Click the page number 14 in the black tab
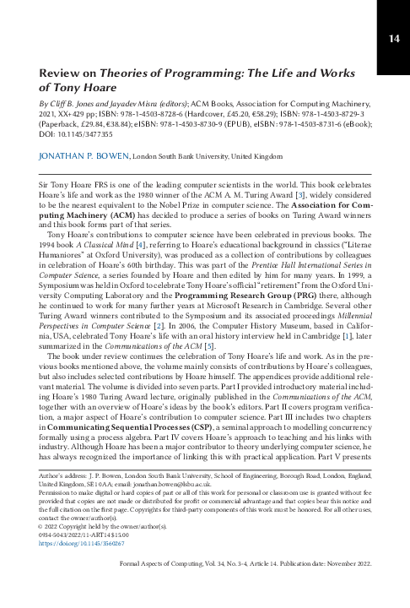point(393,37)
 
